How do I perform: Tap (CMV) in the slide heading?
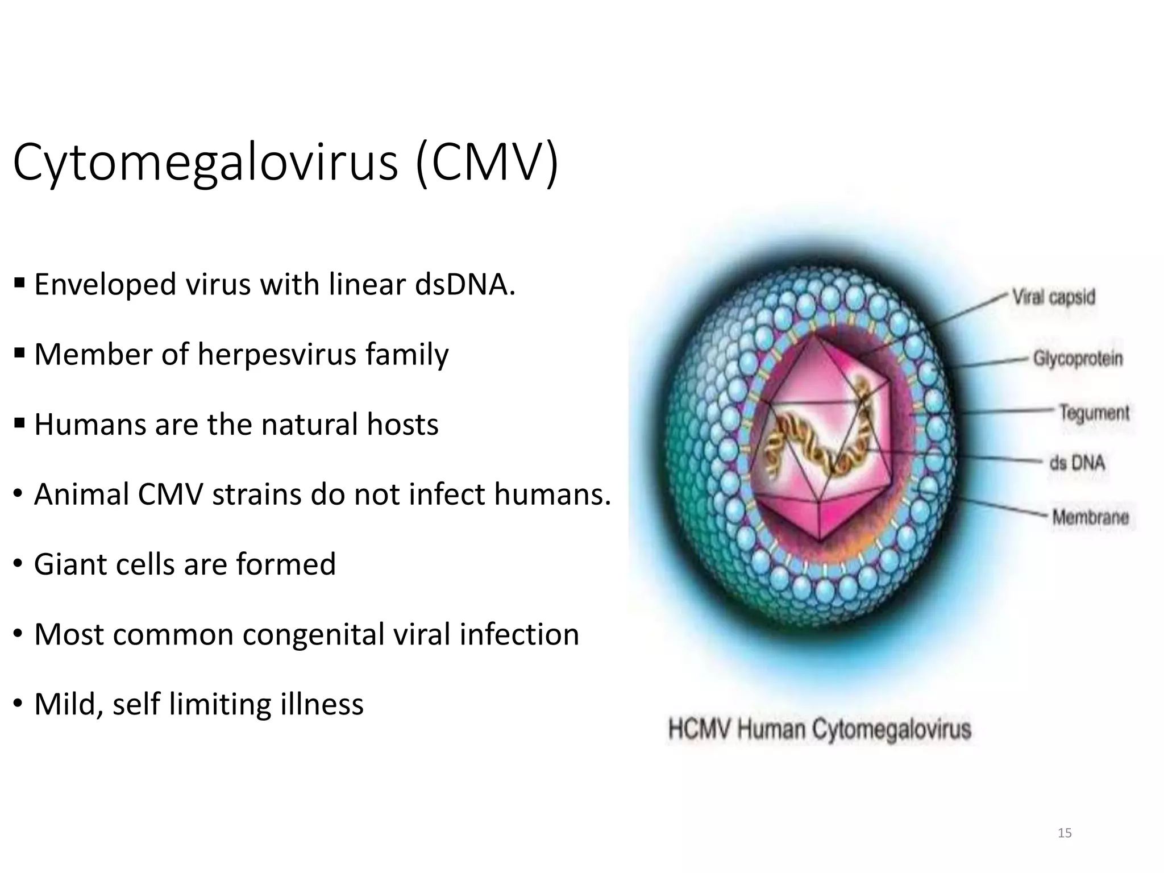487,164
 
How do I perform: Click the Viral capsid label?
1053,297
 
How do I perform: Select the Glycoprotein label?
1078,359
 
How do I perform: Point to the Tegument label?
1094,412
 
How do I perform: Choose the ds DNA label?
1077,463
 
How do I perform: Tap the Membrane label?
1090,517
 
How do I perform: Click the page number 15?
1065,833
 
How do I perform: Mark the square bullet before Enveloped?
19,282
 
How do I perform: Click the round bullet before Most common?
19,634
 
